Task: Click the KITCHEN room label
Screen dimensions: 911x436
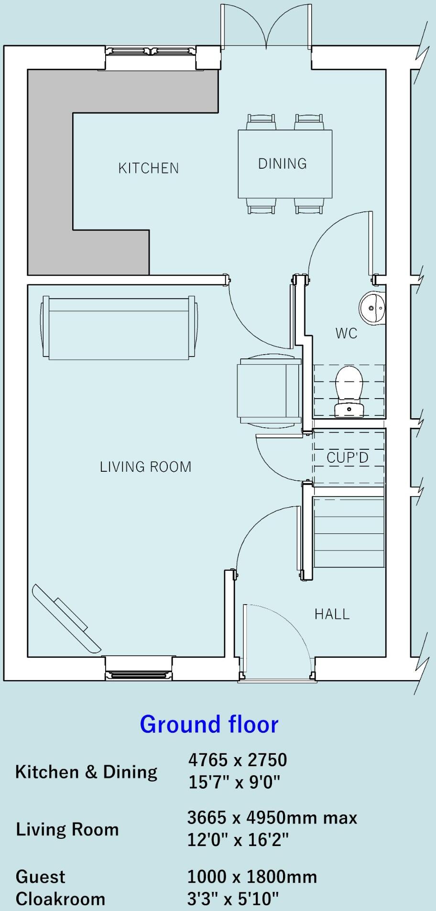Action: pos(149,168)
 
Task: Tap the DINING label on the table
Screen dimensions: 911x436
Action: pos(283,164)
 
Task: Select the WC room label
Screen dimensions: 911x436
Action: pos(347,333)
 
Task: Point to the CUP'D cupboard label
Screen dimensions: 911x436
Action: pos(348,457)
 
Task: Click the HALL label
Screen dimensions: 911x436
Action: pos(332,614)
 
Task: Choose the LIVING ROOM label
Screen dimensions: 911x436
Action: pos(145,467)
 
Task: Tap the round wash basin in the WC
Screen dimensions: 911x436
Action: pos(372,308)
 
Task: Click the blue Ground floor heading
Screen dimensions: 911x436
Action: pos(209,724)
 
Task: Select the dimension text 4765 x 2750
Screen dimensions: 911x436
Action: pos(237,759)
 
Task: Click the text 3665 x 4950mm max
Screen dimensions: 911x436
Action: pos(272,817)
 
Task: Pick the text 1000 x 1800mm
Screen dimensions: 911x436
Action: pos(252,877)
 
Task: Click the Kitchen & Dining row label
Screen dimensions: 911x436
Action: pos(87,772)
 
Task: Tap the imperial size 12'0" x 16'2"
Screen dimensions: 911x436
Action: pos(238,839)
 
